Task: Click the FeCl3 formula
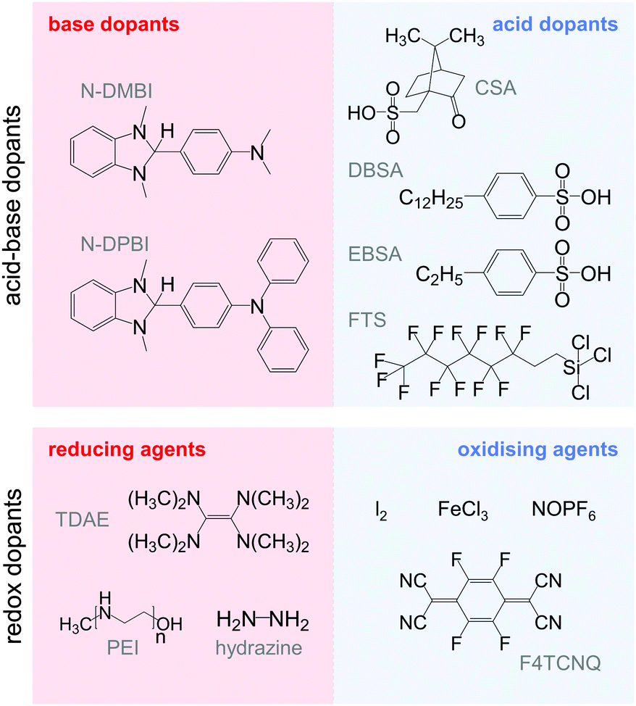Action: [463, 512]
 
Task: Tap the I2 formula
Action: [380, 512]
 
